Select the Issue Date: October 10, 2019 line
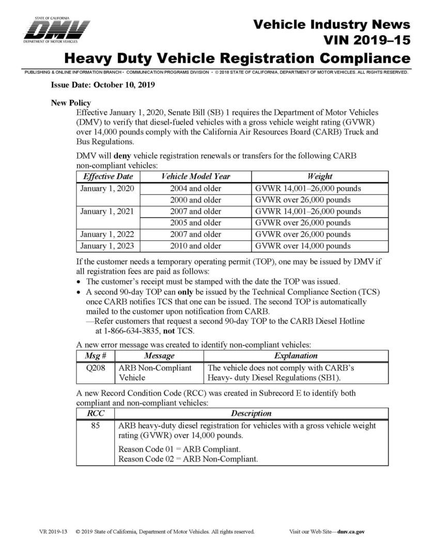103,85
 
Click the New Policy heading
71,103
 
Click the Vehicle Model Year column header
195,177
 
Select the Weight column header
319,177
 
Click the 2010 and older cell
195,246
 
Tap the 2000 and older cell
195,200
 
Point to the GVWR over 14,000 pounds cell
303,246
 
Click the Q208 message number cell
95,368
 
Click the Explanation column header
296,356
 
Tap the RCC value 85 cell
95,426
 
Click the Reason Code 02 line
188,458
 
